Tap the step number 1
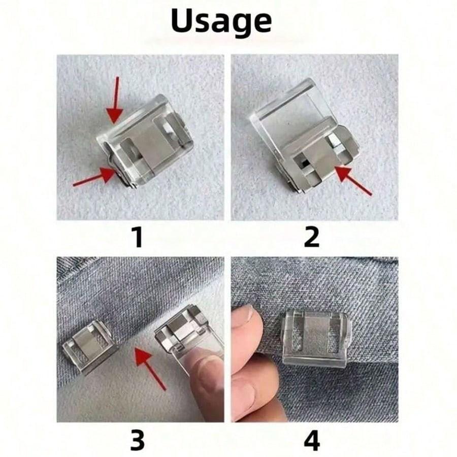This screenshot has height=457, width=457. point(138,238)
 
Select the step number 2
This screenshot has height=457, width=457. point(311,238)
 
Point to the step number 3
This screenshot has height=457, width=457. point(138,441)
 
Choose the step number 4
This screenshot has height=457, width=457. point(311,441)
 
